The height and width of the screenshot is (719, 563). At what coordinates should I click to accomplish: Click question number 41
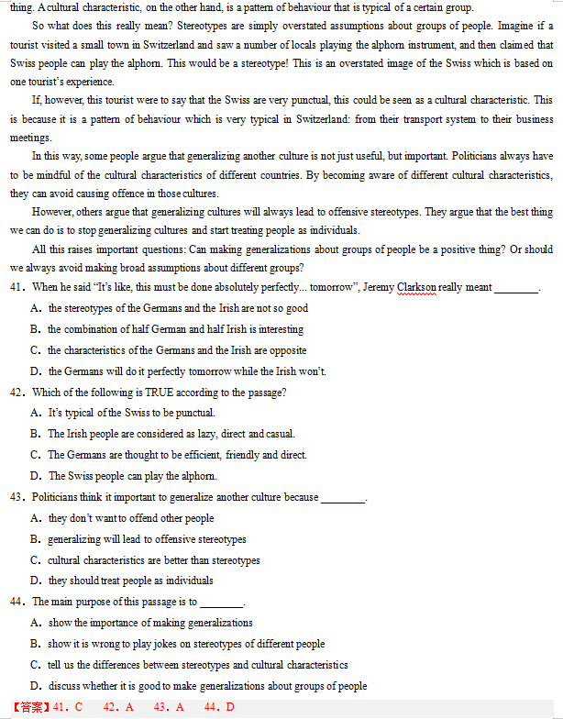(x=18, y=287)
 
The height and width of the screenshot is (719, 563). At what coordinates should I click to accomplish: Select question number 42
(x=18, y=393)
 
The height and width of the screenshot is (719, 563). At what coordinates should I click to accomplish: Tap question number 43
(x=18, y=497)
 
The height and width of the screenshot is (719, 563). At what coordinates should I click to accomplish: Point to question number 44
(x=18, y=603)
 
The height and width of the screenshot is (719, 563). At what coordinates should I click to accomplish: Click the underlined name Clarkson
(x=417, y=287)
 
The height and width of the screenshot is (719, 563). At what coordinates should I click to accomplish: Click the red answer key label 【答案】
(x=30, y=707)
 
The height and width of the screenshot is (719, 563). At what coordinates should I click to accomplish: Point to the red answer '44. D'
(x=219, y=707)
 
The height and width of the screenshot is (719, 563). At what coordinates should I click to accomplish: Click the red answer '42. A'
(x=118, y=707)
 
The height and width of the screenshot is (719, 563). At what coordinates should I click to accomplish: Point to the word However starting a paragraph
(x=52, y=212)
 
